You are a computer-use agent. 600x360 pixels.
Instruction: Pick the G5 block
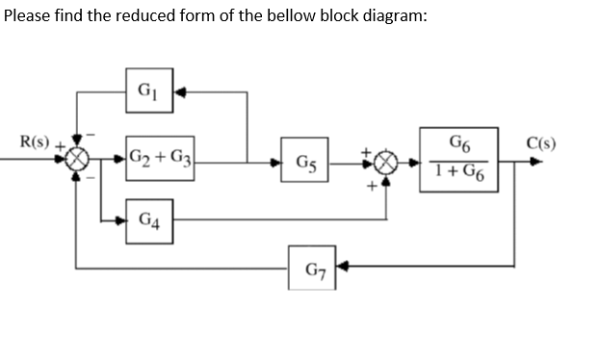[304, 160]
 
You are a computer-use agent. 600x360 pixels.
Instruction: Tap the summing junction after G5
[387, 161]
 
